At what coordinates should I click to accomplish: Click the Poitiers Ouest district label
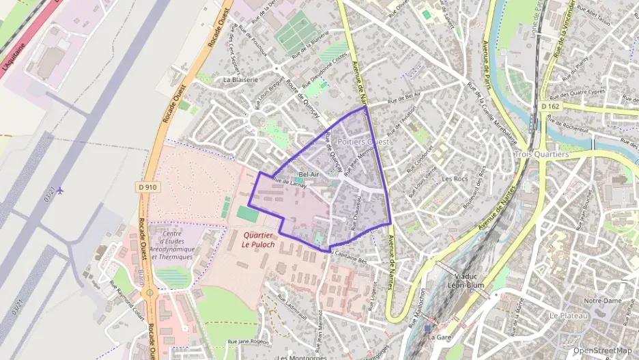pos(363,141)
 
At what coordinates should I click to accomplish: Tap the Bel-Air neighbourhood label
pos(309,174)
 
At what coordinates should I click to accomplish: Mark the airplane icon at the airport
pos(61,190)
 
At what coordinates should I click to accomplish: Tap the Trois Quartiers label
pos(542,154)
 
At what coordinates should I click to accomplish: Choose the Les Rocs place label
pos(455,179)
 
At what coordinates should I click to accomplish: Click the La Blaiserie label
pos(240,79)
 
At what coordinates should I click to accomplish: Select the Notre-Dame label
pos(601,300)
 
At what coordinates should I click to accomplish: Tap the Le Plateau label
pos(567,316)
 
